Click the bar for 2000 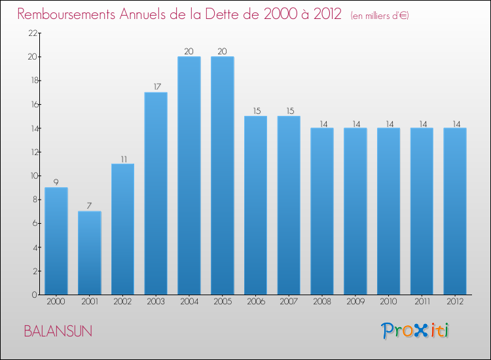[56, 241]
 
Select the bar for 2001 [90, 253]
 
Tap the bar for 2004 [189, 175]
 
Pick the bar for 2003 [156, 193]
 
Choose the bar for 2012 [455, 211]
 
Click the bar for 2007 [289, 205]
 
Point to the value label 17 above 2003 [156, 86]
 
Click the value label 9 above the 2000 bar [56, 182]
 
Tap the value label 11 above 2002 [122, 158]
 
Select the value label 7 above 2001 [90, 206]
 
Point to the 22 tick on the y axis [32, 33]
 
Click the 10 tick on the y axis [32, 176]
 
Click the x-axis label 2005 [223, 302]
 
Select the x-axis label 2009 [355, 302]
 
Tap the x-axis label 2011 [422, 302]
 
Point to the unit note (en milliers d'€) [380, 16]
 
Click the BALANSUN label [58, 331]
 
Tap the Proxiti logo [415, 331]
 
